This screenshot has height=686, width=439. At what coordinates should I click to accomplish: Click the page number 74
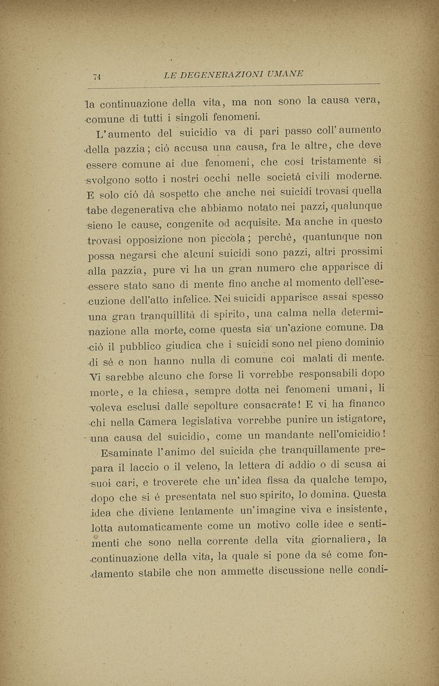click(x=98, y=77)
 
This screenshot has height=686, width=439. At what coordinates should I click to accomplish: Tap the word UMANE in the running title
click(x=286, y=74)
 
